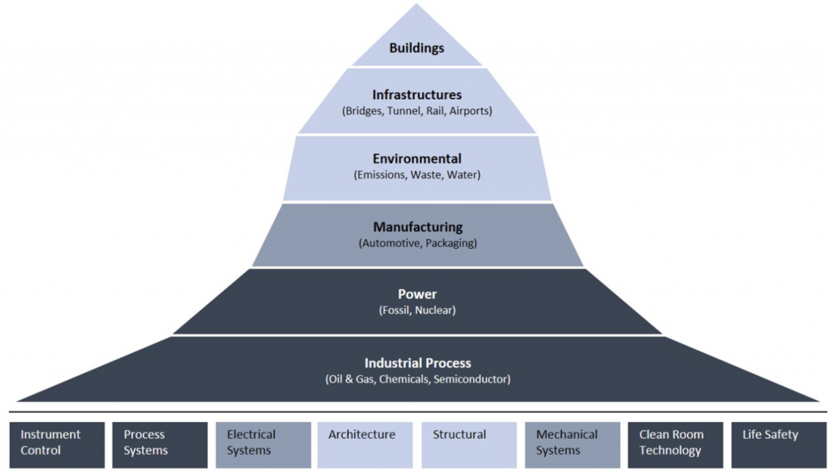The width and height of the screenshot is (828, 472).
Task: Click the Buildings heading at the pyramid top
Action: [x=416, y=48]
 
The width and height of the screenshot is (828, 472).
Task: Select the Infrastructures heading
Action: [x=416, y=95]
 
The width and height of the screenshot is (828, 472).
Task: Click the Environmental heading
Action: [x=416, y=159]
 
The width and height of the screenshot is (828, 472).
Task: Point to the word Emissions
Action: [x=379, y=175]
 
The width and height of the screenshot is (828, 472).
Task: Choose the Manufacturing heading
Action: [x=416, y=227]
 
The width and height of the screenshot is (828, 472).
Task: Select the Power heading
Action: [x=416, y=294]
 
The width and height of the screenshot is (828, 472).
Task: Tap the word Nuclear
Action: [x=435, y=310]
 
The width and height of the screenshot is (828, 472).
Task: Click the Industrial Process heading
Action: [x=417, y=363]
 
